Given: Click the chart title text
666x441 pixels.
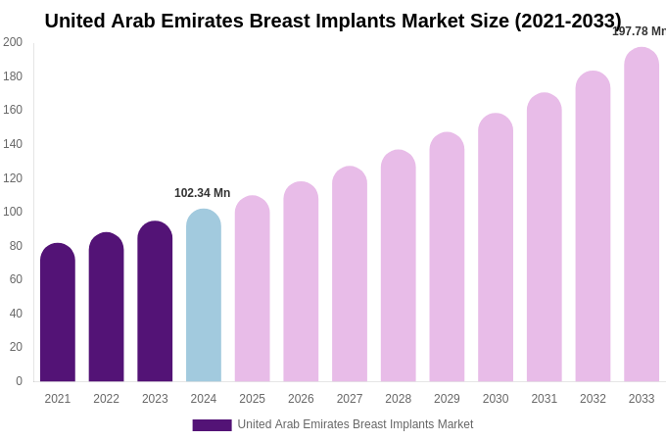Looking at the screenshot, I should (x=333, y=21).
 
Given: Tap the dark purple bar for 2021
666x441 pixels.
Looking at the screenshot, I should (x=58, y=313).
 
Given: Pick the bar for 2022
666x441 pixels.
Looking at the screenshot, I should (x=106, y=308).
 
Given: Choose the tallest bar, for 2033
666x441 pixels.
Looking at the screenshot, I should (x=642, y=215).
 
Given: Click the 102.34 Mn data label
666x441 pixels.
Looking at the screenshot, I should (x=203, y=193).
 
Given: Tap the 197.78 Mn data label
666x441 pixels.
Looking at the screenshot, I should (x=639, y=31).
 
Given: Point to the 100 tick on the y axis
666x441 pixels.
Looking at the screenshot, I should (x=13, y=212).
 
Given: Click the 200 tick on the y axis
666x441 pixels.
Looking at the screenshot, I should (x=13, y=42).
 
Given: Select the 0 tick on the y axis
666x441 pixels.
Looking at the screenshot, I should (x=18, y=381).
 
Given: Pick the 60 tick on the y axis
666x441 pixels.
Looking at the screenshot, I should (x=16, y=279).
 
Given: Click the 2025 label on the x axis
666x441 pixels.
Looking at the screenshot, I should (x=253, y=399).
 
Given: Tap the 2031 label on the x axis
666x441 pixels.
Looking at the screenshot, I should (x=545, y=399).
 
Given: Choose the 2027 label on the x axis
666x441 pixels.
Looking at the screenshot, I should (x=350, y=399).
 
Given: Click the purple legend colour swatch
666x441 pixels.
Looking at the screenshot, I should (x=212, y=425).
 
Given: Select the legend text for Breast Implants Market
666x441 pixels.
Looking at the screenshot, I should (x=356, y=424).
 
